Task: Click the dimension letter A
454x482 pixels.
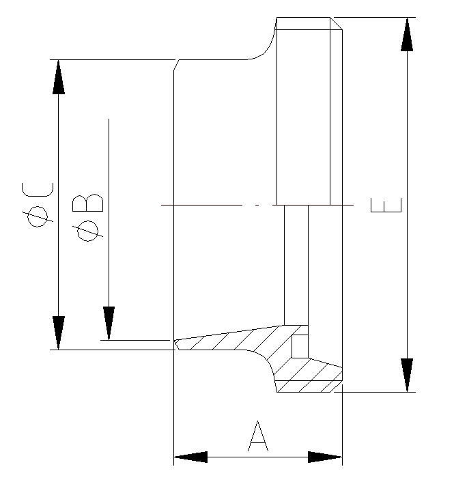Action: click(257, 437)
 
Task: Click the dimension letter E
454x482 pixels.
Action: click(386, 205)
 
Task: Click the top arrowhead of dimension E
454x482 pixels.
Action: click(407, 34)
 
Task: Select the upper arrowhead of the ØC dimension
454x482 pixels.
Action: click(59, 76)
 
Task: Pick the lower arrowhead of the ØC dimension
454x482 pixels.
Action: click(59, 332)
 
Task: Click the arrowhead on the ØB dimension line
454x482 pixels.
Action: click(109, 323)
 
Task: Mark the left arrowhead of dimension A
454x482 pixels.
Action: click(191, 457)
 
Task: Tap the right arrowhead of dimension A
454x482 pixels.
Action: click(325, 457)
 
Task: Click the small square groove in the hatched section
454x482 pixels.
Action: click(300, 346)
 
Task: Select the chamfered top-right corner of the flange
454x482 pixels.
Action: click(336, 23)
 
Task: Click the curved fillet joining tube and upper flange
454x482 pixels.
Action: click(267, 48)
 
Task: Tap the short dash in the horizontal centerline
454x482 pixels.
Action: click(257, 205)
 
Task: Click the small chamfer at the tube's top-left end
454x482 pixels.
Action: click(176, 66)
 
